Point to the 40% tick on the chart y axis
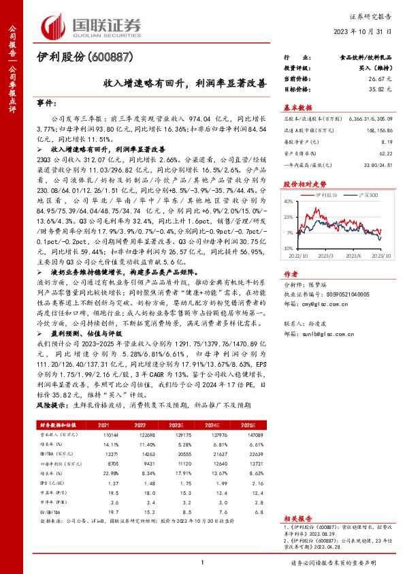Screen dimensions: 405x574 (289, 200)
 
